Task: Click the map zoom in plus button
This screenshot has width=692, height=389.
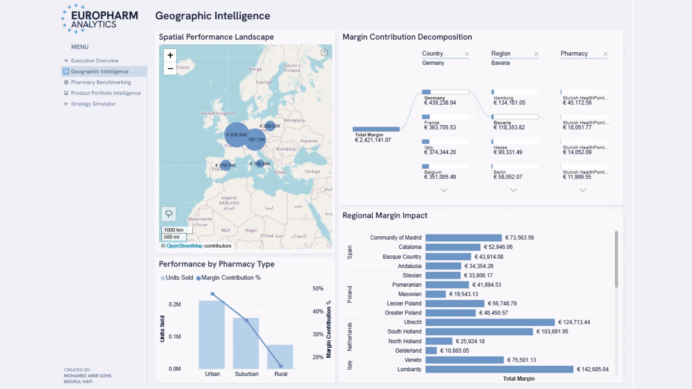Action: [170, 55]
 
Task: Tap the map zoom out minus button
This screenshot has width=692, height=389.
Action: [170, 68]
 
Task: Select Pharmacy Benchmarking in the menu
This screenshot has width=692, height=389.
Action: [101, 82]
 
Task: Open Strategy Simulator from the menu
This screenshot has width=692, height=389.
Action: [93, 104]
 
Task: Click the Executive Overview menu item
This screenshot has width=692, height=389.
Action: [94, 61]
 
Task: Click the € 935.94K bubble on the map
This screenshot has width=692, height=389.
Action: [236, 135]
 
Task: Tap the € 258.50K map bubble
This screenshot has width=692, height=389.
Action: [270, 126]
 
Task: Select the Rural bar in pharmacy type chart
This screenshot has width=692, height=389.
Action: [280, 357]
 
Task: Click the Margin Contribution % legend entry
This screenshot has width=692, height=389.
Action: [228, 278]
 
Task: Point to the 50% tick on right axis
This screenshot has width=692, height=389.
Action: [318, 289]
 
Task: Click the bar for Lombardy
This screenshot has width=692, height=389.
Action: [499, 369]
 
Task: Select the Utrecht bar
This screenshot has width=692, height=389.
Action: [490, 322]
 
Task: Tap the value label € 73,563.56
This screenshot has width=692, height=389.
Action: [519, 238]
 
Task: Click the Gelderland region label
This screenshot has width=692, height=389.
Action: [408, 350]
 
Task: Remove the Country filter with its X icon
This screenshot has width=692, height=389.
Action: [467, 54]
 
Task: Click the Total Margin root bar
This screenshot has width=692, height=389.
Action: [376, 129]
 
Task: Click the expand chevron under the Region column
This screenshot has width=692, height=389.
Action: [514, 190]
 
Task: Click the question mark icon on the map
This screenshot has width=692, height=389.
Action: [324, 53]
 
